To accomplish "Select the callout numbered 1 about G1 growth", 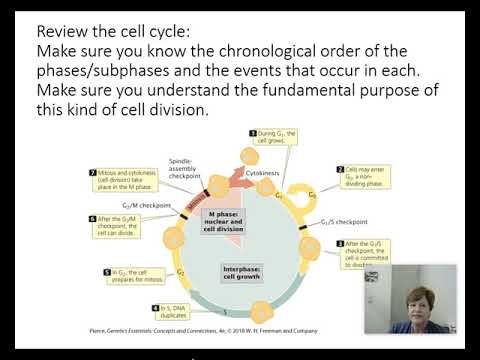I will [x=275, y=139].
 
